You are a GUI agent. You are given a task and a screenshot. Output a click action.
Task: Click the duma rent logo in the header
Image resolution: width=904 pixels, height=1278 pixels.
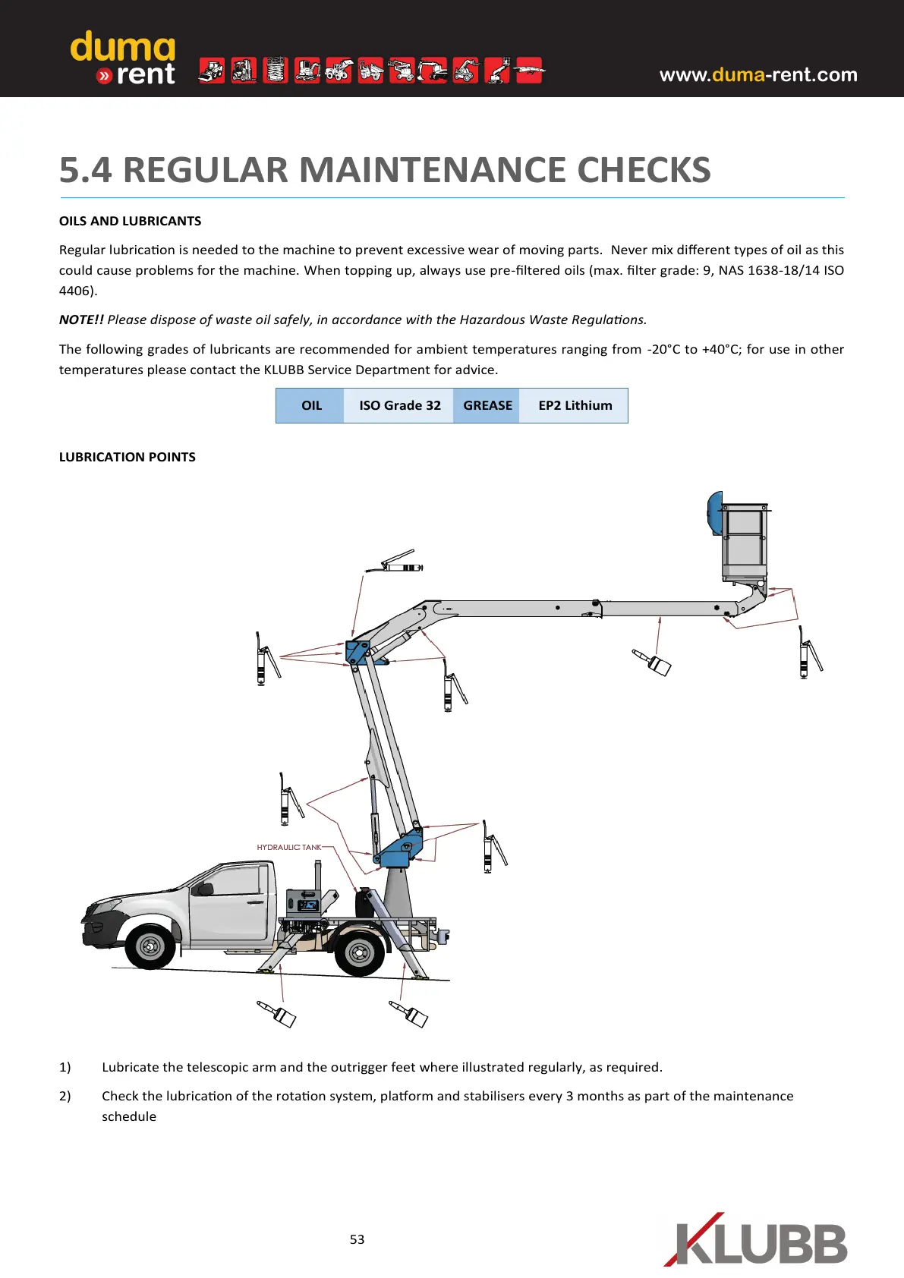click(123, 58)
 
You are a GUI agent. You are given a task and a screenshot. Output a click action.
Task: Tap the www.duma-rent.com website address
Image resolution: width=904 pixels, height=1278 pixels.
click(758, 74)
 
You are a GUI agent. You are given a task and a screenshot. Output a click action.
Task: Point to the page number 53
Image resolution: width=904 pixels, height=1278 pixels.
click(357, 1239)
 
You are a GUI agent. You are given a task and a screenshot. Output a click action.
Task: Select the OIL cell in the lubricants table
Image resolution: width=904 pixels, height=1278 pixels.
click(311, 405)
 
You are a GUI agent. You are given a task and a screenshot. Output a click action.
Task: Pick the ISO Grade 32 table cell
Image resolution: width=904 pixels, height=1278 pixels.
click(399, 405)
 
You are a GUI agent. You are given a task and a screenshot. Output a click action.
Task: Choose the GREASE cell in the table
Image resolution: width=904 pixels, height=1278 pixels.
click(487, 405)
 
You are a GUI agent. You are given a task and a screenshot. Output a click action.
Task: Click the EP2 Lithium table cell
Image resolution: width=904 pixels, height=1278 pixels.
click(575, 405)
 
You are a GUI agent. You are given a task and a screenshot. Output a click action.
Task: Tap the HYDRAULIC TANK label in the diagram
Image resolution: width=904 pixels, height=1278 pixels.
click(288, 847)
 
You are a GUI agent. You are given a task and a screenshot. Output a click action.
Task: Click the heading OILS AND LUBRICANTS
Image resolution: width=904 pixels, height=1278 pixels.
click(130, 221)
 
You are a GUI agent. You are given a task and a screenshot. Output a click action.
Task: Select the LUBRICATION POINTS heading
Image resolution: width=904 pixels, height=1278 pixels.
click(127, 457)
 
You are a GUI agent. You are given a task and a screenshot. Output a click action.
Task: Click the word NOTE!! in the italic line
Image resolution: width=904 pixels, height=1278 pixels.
click(81, 319)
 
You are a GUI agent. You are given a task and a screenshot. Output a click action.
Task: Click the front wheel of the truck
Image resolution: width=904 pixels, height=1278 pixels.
click(150, 946)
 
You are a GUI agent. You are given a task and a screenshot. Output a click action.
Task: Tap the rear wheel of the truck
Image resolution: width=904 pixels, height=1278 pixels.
click(359, 952)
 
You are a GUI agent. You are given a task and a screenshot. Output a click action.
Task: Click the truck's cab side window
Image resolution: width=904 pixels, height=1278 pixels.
click(238, 881)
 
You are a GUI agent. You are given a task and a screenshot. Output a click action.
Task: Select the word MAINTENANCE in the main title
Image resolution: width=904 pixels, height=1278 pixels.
click(436, 169)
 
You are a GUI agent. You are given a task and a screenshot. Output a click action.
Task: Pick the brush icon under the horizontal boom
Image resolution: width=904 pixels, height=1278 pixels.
click(653, 662)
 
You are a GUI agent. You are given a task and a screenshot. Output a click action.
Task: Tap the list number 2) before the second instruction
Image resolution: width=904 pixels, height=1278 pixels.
click(65, 1096)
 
